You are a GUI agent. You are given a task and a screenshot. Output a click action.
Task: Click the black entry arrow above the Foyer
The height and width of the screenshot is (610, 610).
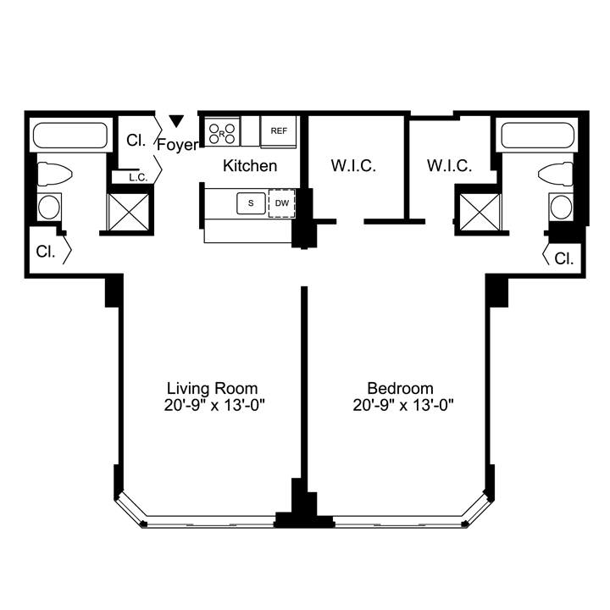pos(176,121)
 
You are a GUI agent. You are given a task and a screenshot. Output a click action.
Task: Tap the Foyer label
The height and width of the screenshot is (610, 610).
pos(177,145)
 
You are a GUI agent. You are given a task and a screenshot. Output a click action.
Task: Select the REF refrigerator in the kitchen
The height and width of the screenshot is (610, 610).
pos(279,131)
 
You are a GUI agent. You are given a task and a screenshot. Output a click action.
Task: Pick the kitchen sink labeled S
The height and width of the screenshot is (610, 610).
pos(251,203)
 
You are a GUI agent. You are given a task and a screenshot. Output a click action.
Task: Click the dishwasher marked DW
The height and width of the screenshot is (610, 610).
pos(282,203)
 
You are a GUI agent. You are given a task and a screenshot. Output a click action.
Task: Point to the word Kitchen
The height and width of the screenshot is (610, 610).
pos(250,166)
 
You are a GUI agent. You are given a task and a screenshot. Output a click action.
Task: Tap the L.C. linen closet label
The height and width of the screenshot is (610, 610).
pos(138,178)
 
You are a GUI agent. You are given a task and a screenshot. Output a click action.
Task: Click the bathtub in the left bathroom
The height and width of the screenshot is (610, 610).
pos(70,136)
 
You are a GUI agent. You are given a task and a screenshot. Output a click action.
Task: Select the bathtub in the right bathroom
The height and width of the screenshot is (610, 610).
pos(538,136)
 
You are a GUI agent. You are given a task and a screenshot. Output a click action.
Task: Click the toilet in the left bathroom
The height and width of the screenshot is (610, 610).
pos(54,175)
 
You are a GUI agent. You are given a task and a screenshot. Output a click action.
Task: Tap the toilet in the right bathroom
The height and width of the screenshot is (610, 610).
pos(556,175)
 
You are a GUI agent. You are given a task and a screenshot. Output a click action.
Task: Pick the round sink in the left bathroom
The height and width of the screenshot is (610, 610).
pos(49,207)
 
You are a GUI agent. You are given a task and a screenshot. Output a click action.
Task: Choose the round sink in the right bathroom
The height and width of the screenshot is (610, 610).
pos(561,207)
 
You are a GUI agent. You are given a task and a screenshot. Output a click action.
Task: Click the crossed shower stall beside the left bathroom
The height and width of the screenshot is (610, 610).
pos(129,212)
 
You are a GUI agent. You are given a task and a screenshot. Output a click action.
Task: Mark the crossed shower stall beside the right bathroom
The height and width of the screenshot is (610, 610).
pos(480,212)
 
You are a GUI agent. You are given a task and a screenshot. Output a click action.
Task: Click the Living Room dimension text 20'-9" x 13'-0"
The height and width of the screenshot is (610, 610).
pos(214,406)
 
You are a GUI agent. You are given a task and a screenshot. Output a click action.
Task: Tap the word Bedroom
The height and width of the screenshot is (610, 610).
pos(400,388)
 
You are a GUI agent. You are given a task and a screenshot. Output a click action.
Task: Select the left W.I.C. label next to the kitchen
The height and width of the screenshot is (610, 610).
pos(353,166)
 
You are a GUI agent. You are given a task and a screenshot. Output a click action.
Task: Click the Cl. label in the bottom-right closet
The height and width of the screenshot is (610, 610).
pos(564,258)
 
